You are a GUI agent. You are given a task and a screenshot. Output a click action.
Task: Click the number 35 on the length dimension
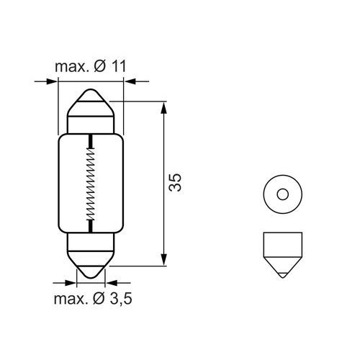pyautogui.click(x=174, y=184)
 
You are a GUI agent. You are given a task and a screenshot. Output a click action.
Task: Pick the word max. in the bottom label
pyautogui.click(x=69, y=297)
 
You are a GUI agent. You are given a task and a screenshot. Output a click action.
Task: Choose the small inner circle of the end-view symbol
pyautogui.click(x=282, y=193)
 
